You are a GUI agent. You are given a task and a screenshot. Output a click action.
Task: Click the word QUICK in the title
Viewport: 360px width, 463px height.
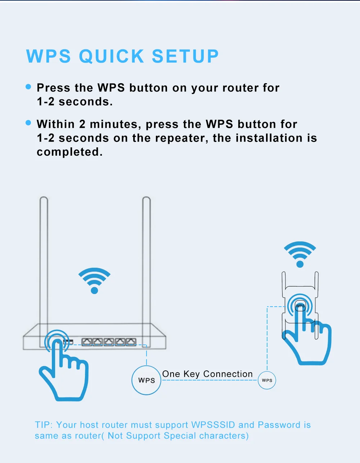pos(112,57)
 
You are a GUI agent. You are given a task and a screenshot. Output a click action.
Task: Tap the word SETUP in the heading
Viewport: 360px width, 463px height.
pos(185,57)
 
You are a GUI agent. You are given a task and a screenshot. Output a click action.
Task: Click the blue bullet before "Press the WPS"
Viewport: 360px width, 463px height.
pos(29,87)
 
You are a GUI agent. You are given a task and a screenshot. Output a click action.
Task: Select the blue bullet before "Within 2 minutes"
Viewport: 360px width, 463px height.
pos(29,123)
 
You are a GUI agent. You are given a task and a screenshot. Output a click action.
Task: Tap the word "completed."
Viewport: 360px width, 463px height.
pos(70,152)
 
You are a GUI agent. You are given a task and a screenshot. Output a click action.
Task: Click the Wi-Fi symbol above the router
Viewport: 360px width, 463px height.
pos(94,280)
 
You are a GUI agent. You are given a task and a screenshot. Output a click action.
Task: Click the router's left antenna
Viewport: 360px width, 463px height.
pos(44,259)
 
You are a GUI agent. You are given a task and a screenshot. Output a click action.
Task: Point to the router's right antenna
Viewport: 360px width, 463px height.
pos(146,259)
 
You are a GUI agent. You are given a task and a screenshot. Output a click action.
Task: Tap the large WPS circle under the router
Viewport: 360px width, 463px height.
pos(147,380)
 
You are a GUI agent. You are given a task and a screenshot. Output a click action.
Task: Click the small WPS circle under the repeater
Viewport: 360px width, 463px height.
pos(267,380)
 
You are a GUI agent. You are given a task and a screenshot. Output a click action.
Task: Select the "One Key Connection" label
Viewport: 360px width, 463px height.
pos(207,374)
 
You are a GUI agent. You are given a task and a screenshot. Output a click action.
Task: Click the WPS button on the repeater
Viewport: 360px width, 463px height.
pos(300,306)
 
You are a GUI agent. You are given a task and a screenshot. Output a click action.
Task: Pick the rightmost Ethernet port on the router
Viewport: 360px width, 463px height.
pos(131,342)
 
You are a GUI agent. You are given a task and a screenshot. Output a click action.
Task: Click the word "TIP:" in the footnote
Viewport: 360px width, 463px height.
pos(44,425)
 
